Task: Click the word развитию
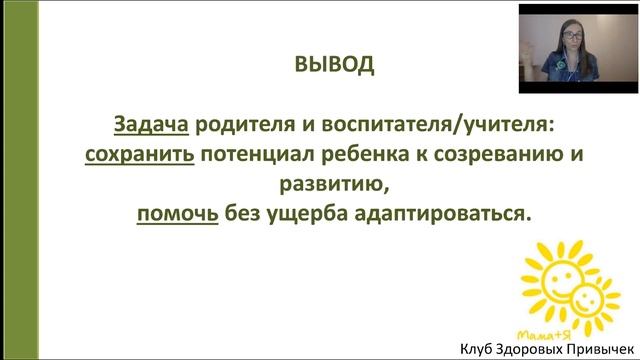(x=320, y=186)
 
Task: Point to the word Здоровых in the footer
(x=536, y=348)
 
